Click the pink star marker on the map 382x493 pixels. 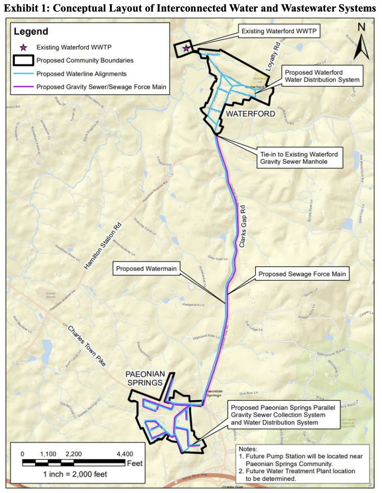pyautogui.click(x=186, y=48)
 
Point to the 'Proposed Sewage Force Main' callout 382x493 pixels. pyautogui.click(x=302, y=274)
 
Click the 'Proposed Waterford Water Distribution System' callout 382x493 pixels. pyautogui.click(x=322, y=76)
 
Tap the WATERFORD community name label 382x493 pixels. pyautogui.click(x=251, y=114)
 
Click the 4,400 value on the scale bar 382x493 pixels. pyautogui.click(x=125, y=454)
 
